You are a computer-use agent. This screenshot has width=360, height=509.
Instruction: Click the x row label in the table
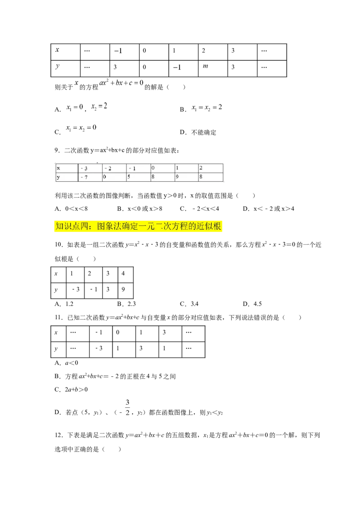pyautogui.click(x=58, y=168)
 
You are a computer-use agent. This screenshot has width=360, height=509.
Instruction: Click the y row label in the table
pyautogui.click(x=58, y=177)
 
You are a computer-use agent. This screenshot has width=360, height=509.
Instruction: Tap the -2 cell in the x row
pyautogui.click(x=108, y=168)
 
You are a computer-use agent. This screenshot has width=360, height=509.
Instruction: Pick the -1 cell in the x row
pyautogui.click(x=132, y=168)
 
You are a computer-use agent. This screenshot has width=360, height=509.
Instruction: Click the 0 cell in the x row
pyautogui.click(x=153, y=168)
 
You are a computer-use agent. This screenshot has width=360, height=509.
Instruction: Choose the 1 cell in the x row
pyautogui.click(x=177, y=168)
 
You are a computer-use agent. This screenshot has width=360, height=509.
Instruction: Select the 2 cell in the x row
pyautogui.click(x=201, y=168)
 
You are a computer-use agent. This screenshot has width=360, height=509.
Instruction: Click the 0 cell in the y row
pyautogui.click(x=104, y=177)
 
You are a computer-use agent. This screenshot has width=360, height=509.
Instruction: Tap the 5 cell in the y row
pyautogui.click(x=129, y=177)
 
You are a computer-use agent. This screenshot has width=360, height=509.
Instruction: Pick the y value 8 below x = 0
pyautogui.click(x=153, y=177)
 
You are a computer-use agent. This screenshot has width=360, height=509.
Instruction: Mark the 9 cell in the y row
pyautogui.click(x=177, y=177)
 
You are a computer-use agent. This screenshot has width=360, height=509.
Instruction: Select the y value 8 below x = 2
pyautogui.click(x=201, y=177)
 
